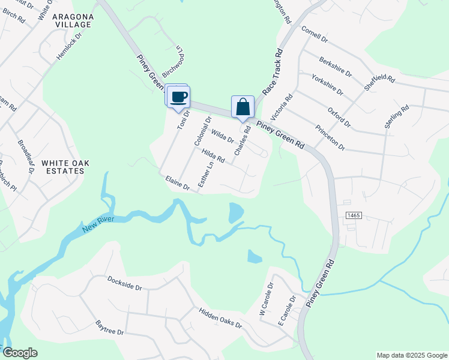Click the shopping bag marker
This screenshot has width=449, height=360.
click(x=243, y=107)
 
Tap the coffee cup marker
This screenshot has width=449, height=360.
click(x=179, y=97)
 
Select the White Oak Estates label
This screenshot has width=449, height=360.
click(x=62, y=167)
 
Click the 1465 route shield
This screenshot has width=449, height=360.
click(x=352, y=215)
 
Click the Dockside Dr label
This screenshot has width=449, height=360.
click(x=124, y=283)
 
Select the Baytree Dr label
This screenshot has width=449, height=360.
click(x=109, y=328)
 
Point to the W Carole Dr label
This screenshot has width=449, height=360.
click(x=265, y=300)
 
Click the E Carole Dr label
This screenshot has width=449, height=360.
click(x=287, y=309)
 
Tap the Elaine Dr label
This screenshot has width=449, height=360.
click(x=178, y=183)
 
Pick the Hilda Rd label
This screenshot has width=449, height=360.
click(x=213, y=156)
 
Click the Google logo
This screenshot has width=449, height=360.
click(x=20, y=353)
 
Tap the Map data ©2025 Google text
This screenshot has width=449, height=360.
click(x=411, y=355)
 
